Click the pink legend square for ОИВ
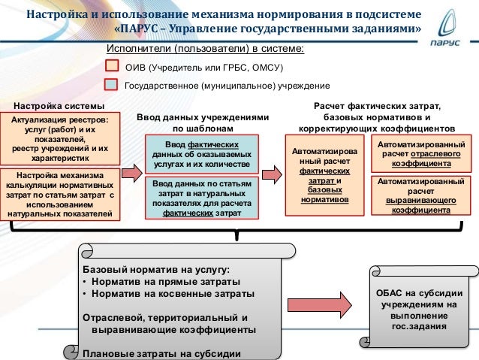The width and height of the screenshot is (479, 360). tap(112, 67)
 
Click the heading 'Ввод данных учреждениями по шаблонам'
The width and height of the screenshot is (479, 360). tap(202, 123)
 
